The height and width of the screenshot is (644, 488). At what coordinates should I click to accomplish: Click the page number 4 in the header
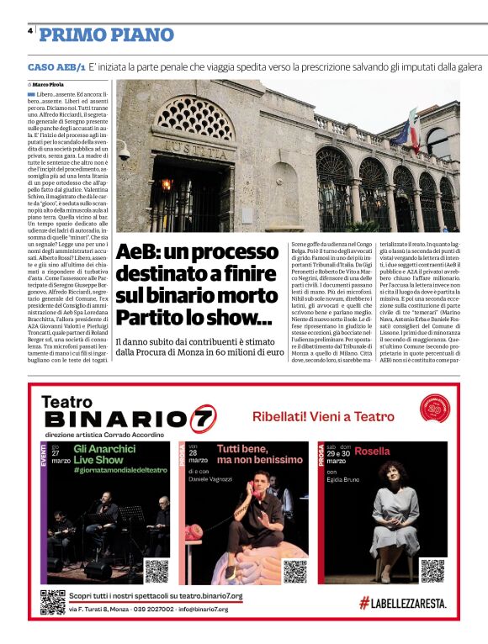[x=30, y=31]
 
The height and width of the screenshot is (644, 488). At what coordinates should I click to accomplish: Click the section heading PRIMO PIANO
[x=106, y=34]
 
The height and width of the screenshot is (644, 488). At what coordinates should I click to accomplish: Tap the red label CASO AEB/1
[x=56, y=66]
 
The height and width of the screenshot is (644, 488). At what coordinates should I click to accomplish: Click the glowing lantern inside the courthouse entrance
[x=166, y=184]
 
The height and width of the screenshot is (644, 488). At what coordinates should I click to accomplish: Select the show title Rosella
[x=372, y=450]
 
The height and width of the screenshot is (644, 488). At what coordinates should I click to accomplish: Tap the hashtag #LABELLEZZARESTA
[x=402, y=603]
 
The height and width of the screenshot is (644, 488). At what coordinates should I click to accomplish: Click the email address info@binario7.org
[x=201, y=609]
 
